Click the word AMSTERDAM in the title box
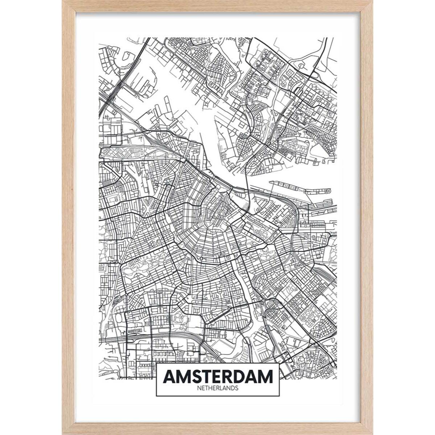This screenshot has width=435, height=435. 217,377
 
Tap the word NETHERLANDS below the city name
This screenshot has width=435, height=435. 217,388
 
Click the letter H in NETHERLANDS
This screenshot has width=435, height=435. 211,388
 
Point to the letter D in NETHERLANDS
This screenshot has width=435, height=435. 232,388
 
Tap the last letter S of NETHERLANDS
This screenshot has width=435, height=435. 236,388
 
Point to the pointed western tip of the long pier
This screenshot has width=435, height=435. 270,182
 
